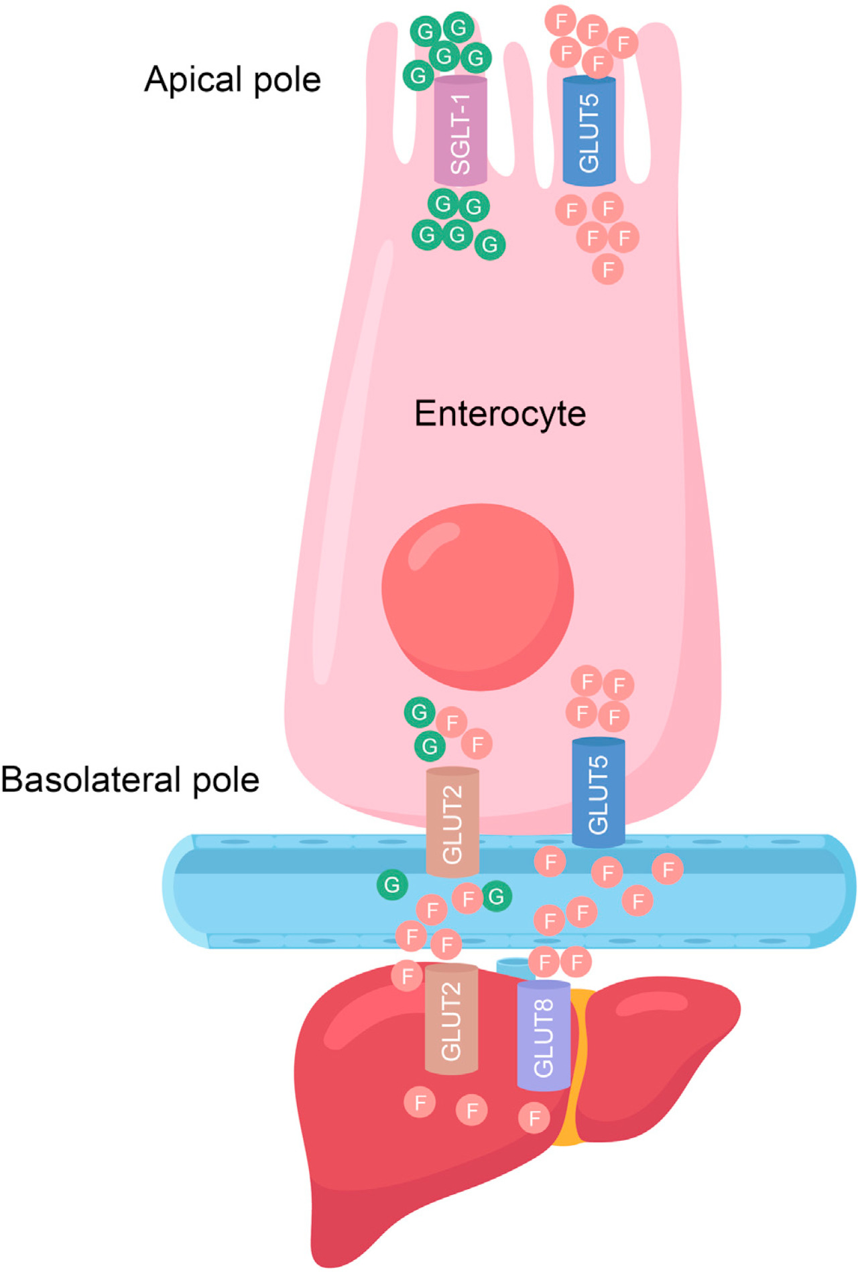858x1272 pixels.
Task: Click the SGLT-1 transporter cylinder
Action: pyautogui.click(x=461, y=131)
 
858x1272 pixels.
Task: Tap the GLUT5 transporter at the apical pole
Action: pyautogui.click(x=589, y=131)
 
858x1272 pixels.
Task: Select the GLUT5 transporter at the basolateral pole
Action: pyautogui.click(x=598, y=793)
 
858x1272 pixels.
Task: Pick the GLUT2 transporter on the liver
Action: pyautogui.click(x=451, y=1019)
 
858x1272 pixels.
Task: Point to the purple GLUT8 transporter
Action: pyautogui.click(x=544, y=1036)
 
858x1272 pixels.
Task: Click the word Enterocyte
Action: pyautogui.click(x=500, y=413)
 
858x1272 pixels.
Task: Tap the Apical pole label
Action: pyautogui.click(x=233, y=80)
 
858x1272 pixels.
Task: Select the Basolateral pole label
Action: pyautogui.click(x=130, y=780)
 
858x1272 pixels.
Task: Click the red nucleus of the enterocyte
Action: pyautogui.click(x=477, y=596)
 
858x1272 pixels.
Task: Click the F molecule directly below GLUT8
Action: pyautogui.click(x=534, y=1117)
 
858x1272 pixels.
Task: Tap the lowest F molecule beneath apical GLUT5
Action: pyautogui.click(x=608, y=269)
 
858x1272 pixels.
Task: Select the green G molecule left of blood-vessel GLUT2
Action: pyautogui.click(x=392, y=885)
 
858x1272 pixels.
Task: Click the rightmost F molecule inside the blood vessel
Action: pyautogui.click(x=668, y=869)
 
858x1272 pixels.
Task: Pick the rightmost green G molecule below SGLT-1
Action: pyautogui.click(x=490, y=244)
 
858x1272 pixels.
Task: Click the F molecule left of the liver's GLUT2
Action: pyautogui.click(x=407, y=975)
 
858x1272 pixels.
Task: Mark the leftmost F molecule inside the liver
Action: pyautogui.click(x=420, y=1102)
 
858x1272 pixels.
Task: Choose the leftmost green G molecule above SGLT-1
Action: pyautogui.click(x=418, y=75)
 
